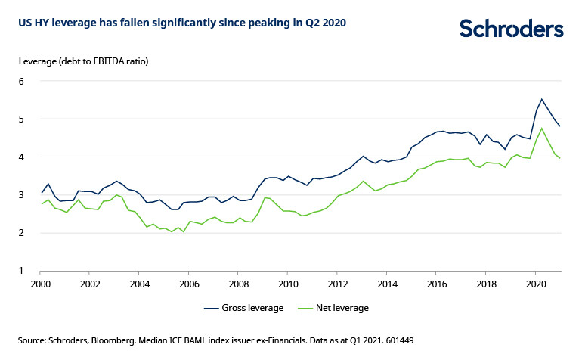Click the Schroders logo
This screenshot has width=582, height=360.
point(511,29)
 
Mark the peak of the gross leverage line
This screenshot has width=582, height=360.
point(541,99)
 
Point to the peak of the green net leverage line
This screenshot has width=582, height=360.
point(541,128)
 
